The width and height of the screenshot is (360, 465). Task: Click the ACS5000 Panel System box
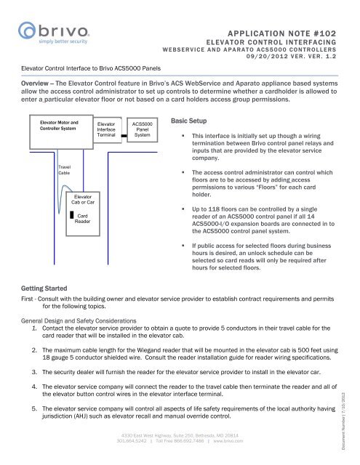[x=143, y=130]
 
